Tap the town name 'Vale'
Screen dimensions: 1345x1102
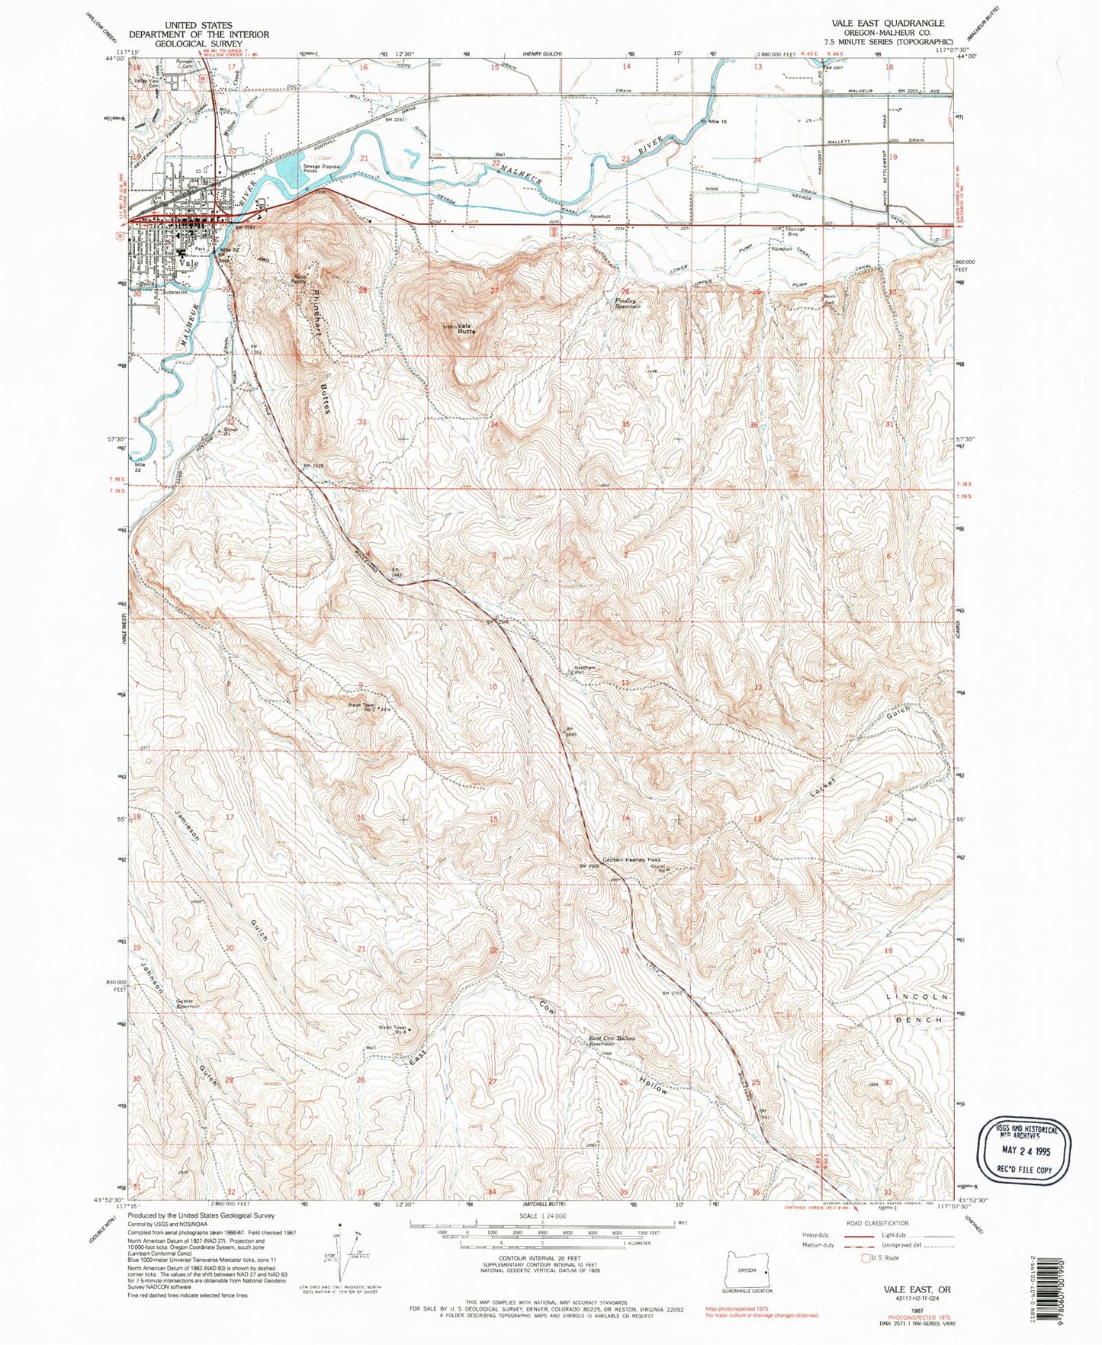189,262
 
